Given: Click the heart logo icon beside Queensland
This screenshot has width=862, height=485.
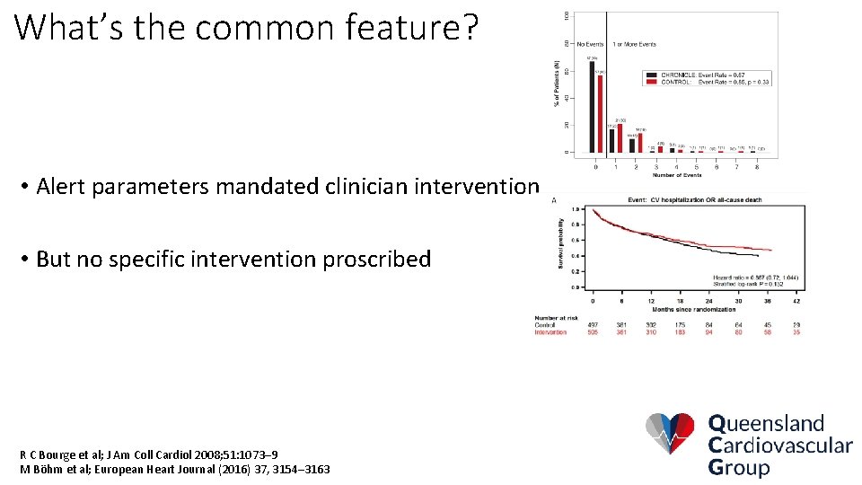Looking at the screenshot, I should [670, 434].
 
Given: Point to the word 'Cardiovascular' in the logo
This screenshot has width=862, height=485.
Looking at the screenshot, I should [780, 445].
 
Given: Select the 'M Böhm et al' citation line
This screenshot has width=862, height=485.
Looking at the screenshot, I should [174, 469].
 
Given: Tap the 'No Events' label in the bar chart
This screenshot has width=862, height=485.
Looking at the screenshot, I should [591, 44].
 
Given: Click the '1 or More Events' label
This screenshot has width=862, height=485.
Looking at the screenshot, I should [634, 44].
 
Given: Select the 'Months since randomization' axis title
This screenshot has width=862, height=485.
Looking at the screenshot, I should [696, 309].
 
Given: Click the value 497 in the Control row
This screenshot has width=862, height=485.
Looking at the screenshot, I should [592, 325].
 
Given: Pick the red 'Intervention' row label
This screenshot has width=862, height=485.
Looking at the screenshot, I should [550, 332].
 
